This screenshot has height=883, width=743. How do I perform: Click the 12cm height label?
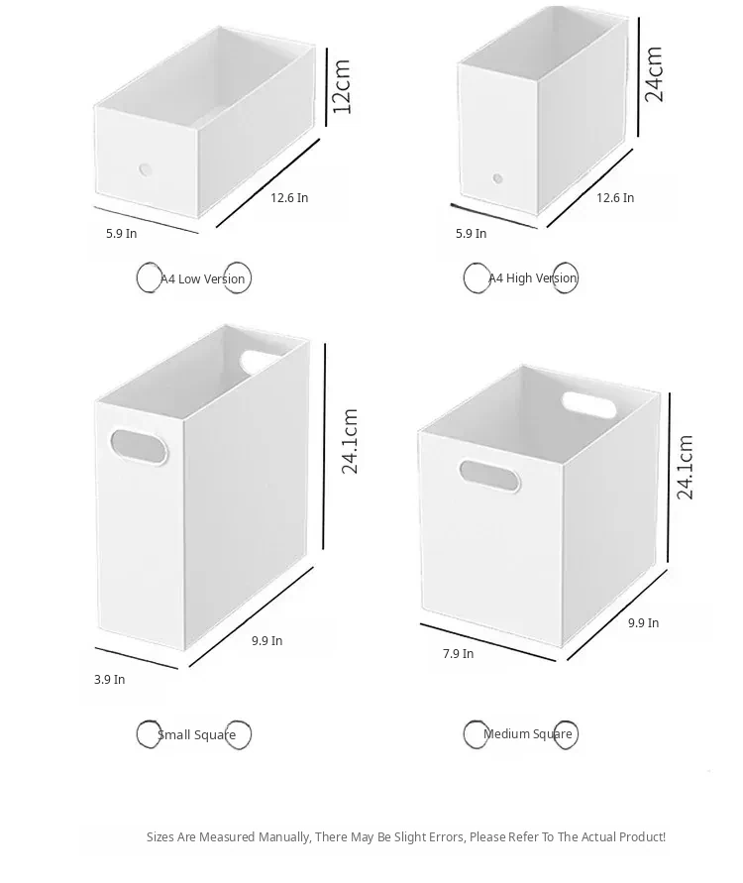click(342, 86)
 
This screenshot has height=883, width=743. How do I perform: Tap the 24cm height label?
click(654, 73)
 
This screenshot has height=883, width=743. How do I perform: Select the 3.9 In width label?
click(110, 679)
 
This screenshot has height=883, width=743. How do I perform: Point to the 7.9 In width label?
click(458, 654)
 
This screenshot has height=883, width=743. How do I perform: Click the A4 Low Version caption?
click(203, 278)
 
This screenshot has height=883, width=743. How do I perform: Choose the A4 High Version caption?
click(533, 278)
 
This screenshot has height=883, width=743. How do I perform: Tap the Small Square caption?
click(196, 735)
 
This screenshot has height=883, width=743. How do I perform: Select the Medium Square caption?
click(527, 733)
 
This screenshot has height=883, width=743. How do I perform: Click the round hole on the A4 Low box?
click(146, 168)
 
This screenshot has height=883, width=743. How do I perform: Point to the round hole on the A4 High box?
click(497, 178)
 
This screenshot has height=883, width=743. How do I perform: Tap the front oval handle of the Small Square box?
click(139, 448)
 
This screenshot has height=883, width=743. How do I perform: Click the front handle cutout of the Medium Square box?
click(489, 477)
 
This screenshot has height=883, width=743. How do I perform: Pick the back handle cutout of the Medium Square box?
click(588, 405)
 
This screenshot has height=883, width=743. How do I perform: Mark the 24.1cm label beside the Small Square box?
click(350, 441)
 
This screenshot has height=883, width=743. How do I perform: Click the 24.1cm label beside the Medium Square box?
click(685, 467)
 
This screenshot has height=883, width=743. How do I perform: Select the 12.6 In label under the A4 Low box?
click(289, 197)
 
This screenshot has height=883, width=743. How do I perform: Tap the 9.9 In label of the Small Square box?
click(267, 641)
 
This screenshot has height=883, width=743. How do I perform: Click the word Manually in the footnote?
click(284, 837)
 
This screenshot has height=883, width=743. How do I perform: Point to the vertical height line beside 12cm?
click(327, 87)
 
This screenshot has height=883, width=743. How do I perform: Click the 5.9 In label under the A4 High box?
click(472, 233)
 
